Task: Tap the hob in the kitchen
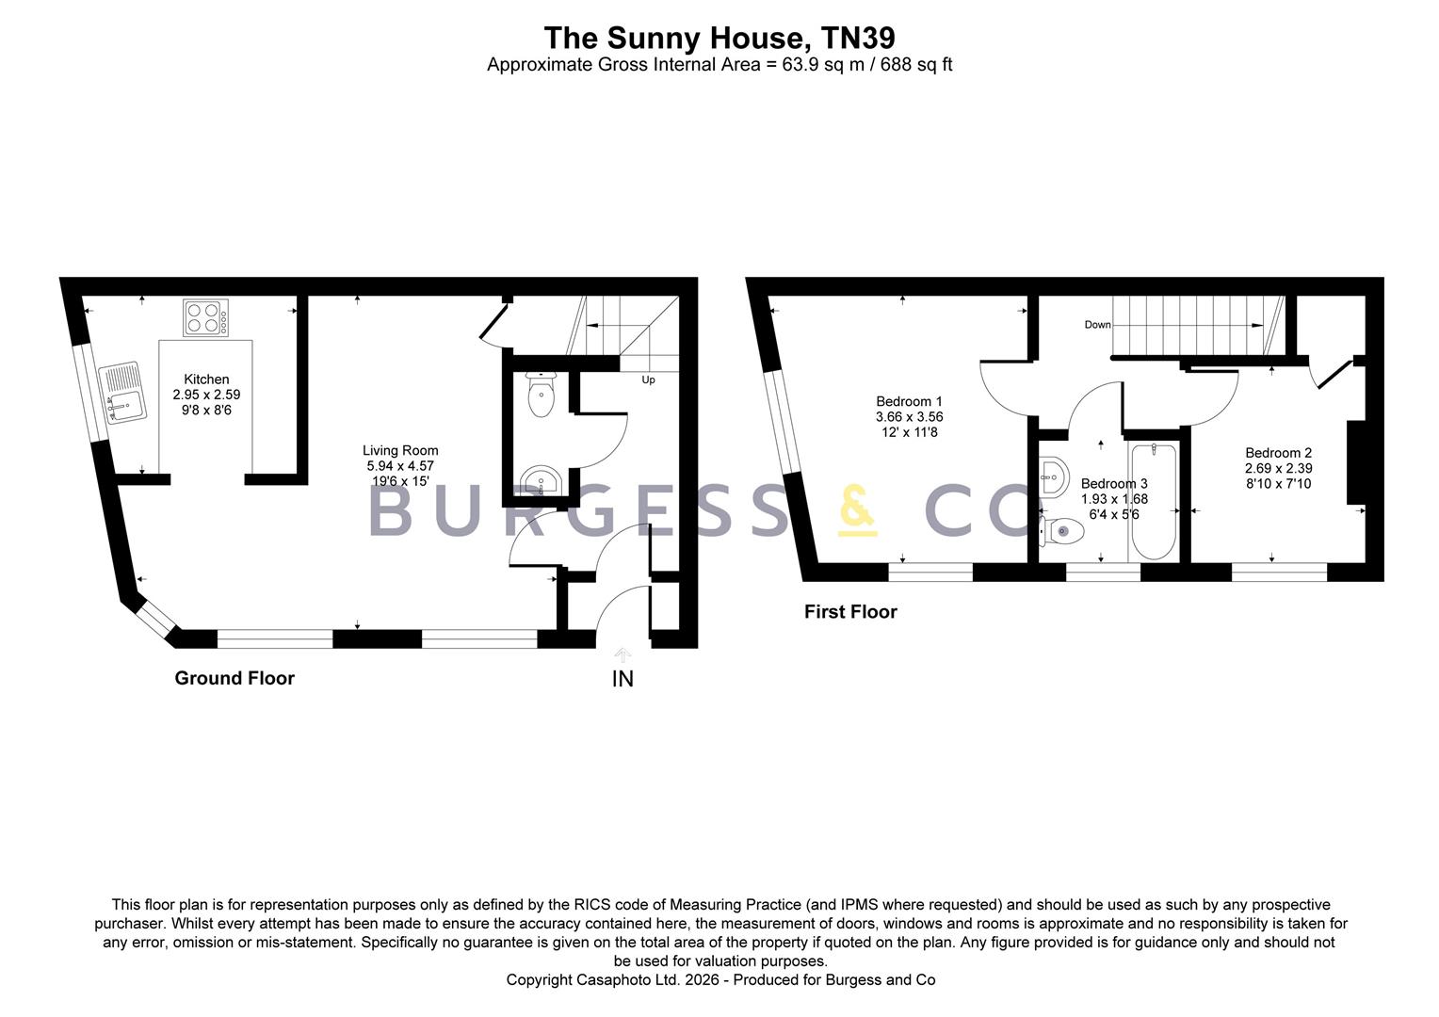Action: tap(205, 318)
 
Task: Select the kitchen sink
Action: tap(122, 393)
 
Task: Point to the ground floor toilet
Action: tap(541, 394)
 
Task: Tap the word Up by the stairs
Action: tap(648, 380)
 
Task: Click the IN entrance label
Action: tap(622, 679)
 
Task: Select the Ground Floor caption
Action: tap(234, 678)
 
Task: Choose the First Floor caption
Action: tap(850, 612)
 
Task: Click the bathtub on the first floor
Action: tap(1154, 502)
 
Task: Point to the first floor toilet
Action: tap(1062, 531)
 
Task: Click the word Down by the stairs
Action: tap(1097, 325)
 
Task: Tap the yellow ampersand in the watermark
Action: tap(858, 510)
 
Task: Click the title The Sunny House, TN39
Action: tap(719, 38)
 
